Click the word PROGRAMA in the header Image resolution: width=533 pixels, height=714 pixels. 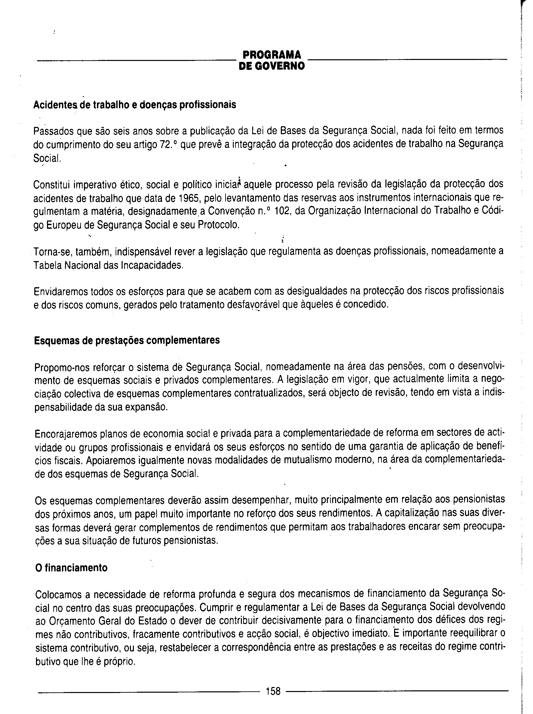coord(271,55)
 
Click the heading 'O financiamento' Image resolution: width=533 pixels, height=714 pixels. coord(71,568)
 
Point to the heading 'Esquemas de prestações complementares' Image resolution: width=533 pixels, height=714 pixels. coord(127,340)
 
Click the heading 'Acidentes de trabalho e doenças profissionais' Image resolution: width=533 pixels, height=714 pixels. coord(135,105)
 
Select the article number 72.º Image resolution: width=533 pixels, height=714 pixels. coord(167,145)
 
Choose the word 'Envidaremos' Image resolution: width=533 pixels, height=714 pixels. coord(61,292)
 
